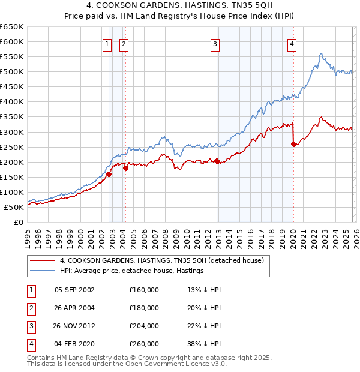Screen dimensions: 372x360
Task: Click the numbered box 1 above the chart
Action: [x=107, y=43]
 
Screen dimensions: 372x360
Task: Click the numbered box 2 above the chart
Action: [x=124, y=43]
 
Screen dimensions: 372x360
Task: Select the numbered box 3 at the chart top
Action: [x=215, y=43]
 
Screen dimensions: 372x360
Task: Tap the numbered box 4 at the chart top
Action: [x=291, y=43]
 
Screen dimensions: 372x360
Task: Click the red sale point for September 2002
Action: [x=109, y=174]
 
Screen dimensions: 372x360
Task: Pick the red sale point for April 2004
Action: [x=126, y=168]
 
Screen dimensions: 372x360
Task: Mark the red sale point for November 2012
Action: [x=217, y=161]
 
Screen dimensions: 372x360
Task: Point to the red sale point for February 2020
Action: [x=293, y=144]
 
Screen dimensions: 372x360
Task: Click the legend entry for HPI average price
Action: [x=132, y=271]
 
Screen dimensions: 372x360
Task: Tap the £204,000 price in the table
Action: [x=144, y=327]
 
